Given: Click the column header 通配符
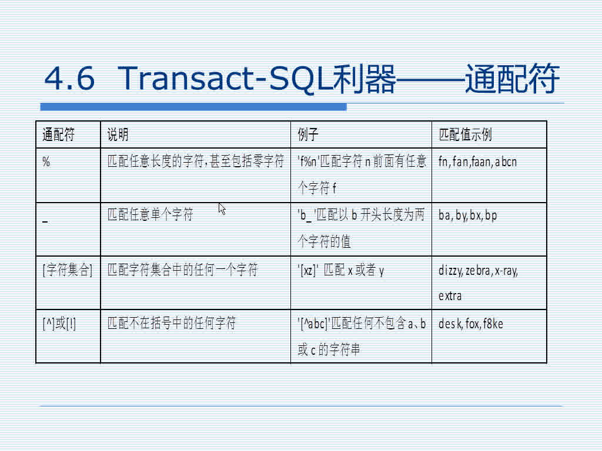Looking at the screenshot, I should click(59, 135).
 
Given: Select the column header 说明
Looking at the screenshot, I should click(118, 135).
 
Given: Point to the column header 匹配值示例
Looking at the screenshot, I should click(465, 135).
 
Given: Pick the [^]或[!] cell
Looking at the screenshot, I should click(59, 324).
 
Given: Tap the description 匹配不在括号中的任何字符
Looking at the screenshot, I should click(171, 324).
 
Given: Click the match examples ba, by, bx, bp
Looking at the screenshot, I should click(467, 216).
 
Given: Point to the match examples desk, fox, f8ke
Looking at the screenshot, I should click(470, 324).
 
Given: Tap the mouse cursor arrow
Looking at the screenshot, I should click(222, 208).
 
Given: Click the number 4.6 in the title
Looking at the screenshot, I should click(69, 79).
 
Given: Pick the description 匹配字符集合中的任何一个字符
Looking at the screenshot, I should click(182, 271).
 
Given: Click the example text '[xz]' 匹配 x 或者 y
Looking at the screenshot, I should click(341, 271).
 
